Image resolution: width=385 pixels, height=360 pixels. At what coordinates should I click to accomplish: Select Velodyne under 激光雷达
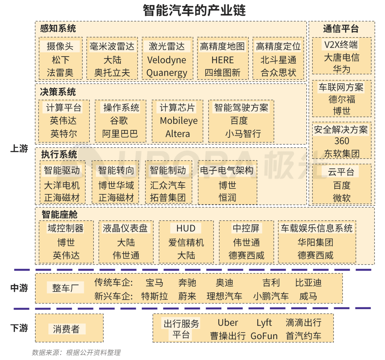point(166,60)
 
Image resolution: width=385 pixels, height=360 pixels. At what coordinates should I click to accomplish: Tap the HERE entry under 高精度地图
point(222,60)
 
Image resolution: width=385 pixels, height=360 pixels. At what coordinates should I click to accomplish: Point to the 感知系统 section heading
point(58,28)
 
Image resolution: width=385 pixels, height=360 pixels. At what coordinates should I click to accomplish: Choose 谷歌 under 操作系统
point(119,121)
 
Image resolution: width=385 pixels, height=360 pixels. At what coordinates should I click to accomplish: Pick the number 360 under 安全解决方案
point(342,141)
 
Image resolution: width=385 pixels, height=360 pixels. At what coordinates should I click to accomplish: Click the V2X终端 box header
point(341,45)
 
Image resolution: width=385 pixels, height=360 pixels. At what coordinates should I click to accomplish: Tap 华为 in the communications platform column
point(342,69)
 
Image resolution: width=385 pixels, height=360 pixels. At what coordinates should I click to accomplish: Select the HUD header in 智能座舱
point(186,228)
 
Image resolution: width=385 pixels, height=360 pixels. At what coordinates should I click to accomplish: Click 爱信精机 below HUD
point(186,243)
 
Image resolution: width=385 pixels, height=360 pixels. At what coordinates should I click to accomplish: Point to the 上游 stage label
point(19,148)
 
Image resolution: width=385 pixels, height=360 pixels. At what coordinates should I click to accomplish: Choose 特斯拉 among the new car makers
point(154,296)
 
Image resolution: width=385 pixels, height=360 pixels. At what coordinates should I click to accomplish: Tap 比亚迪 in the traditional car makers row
point(308,283)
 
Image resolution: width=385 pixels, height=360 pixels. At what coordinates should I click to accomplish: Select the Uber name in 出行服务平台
point(228,323)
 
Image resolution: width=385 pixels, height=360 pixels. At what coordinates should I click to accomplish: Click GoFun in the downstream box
point(264,336)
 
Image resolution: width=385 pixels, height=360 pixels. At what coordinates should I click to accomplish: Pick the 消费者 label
point(66,329)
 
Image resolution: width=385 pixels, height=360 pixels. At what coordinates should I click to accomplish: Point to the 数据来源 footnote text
point(76,353)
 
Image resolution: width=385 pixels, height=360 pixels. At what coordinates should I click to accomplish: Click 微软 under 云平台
point(342,198)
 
